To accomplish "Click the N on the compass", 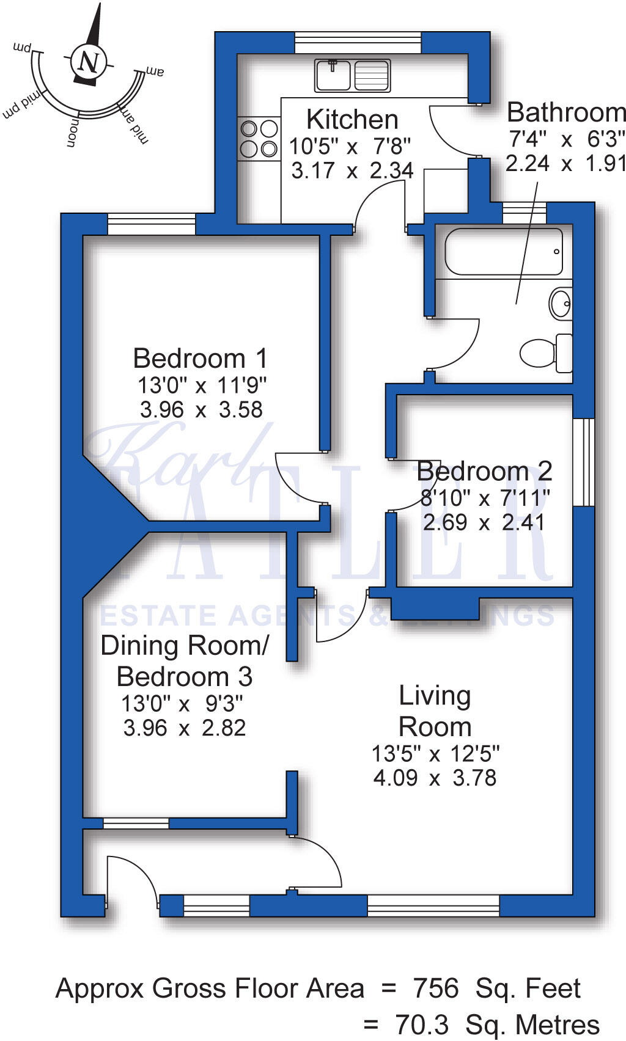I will pyautogui.click(x=90, y=62).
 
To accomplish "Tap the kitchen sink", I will pyautogui.click(x=352, y=75).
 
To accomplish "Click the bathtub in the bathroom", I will pyautogui.click(x=504, y=252).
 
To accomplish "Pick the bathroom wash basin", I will pyautogui.click(x=561, y=303).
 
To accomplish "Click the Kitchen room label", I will pyautogui.click(x=352, y=120).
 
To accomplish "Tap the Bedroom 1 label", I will pyautogui.click(x=200, y=359).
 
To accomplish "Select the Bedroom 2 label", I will pyautogui.click(x=484, y=472).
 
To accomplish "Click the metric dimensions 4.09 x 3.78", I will pyautogui.click(x=435, y=778).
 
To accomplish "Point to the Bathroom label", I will pyautogui.click(x=566, y=113).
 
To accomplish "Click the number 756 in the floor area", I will pyautogui.click(x=436, y=988).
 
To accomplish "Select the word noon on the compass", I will pyautogui.click(x=72, y=133).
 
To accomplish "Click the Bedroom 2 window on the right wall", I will pyautogui.click(x=584, y=462).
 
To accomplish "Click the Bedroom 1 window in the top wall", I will pyautogui.click(x=152, y=224).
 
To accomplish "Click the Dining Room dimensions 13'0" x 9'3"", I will pyautogui.click(x=182, y=704).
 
